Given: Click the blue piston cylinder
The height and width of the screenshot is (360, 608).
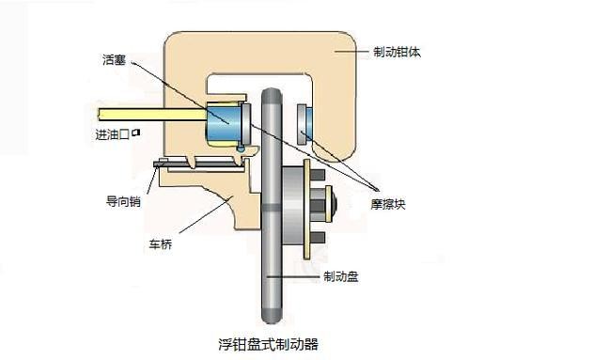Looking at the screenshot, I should click(225, 124).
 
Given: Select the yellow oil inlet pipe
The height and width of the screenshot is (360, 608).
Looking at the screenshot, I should click(150, 119).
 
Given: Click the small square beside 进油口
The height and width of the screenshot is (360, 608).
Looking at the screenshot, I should click(136, 133).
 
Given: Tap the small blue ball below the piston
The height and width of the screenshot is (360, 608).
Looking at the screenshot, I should click(242, 148).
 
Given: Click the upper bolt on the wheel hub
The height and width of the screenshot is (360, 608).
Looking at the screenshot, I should click(318, 175).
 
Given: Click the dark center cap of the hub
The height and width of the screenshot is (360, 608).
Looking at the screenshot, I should click(332, 203).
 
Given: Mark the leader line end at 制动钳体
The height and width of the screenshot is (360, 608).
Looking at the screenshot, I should click(357, 54).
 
